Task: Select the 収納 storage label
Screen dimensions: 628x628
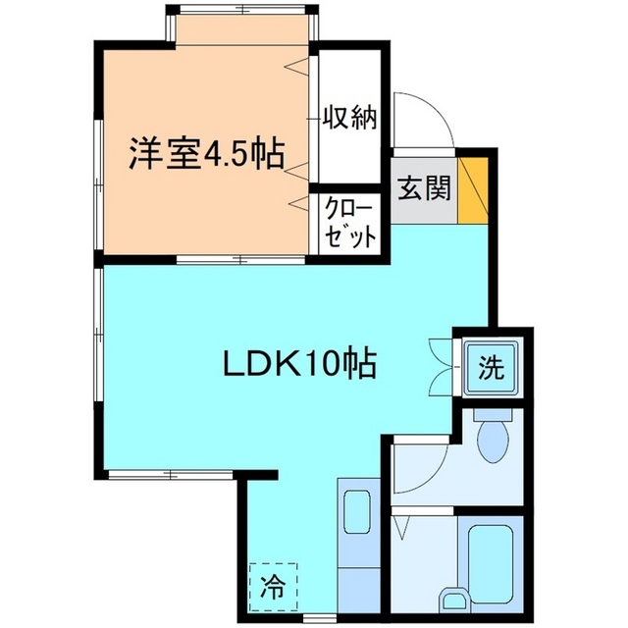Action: (350, 119)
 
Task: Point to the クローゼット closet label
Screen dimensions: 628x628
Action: (350, 224)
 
